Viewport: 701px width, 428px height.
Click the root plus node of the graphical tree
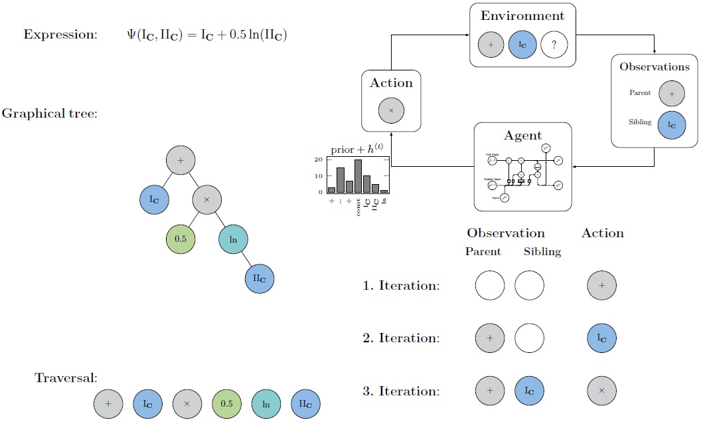click(181, 161)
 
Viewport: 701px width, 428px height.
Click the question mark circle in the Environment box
click(555, 46)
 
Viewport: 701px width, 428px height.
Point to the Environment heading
click(524, 16)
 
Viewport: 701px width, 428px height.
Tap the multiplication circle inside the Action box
click(391, 110)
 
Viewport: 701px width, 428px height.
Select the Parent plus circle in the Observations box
click(672, 93)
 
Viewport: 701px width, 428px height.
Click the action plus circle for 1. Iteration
click(601, 286)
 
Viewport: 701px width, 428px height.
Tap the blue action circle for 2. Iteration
click(601, 338)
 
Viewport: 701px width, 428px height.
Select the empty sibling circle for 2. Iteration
click(530, 338)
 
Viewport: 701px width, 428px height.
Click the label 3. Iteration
click(401, 391)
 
